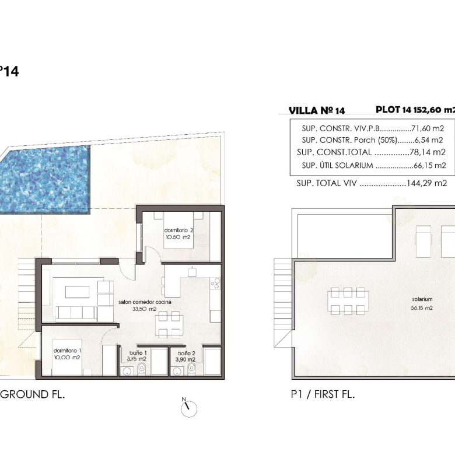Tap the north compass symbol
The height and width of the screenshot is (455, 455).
point(188,408)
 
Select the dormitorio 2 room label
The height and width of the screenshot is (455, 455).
point(178,233)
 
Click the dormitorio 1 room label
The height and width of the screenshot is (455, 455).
point(66,354)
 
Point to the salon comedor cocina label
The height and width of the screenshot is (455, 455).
point(145,305)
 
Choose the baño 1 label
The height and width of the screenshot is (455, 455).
point(136,356)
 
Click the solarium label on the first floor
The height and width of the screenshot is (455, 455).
point(422,303)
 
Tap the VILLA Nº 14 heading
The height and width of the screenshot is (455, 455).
point(317,111)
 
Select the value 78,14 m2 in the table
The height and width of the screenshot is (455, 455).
point(427,152)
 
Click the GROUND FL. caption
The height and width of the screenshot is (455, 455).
point(32,394)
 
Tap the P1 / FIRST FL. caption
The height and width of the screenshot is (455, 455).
point(323,394)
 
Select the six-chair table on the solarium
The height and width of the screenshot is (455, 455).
point(348,301)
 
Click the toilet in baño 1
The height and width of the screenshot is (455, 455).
point(142,370)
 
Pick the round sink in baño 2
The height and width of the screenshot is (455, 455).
point(176,371)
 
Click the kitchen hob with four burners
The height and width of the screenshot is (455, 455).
point(215,283)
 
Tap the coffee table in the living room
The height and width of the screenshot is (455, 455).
point(77,292)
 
